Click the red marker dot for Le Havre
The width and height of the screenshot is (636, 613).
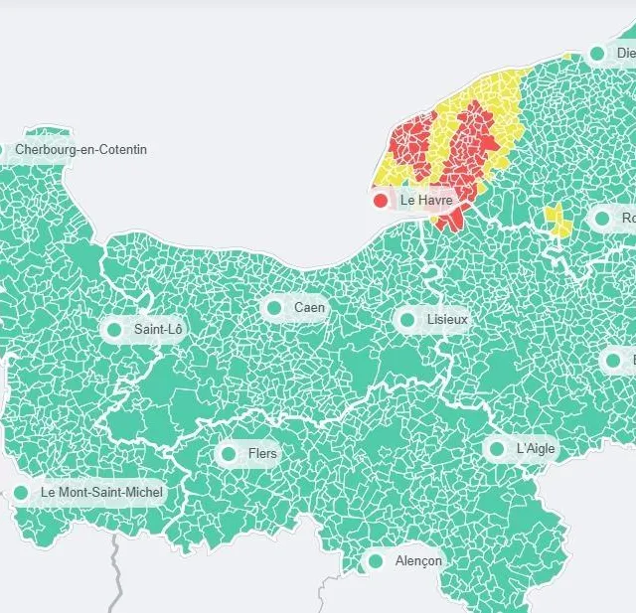[x=380, y=201]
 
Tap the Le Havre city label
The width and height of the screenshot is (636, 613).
[x=425, y=201]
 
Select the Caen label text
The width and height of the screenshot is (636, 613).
[x=309, y=308]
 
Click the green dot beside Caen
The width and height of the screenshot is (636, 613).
[x=274, y=308]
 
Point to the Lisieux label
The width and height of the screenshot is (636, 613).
[x=446, y=320]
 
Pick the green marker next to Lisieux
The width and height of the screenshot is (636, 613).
[x=406, y=320]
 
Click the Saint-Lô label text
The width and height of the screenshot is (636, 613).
[x=158, y=329]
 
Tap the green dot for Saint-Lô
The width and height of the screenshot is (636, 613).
[x=114, y=329]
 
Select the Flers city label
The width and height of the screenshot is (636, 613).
[x=262, y=454]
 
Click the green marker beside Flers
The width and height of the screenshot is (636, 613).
[x=229, y=454]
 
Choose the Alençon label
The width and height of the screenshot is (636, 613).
[x=418, y=561]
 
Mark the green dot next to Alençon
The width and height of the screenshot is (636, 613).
[x=376, y=561]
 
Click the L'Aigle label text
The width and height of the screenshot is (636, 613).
[x=536, y=449]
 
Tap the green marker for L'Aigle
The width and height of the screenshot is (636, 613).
[x=497, y=449]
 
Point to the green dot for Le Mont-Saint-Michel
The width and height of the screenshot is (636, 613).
[x=21, y=492]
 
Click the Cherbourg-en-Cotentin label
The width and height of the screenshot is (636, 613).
[x=80, y=150]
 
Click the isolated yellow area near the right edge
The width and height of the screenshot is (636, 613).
[x=557, y=221]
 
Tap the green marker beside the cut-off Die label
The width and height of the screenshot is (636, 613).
[x=597, y=54]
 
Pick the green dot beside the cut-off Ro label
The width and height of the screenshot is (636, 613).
[x=602, y=219]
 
